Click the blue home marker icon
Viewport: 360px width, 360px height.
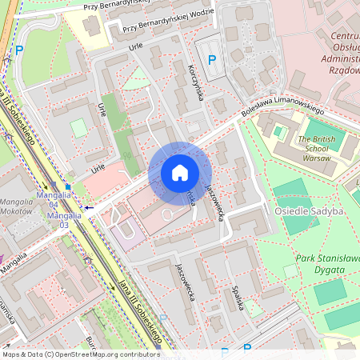(180, 173)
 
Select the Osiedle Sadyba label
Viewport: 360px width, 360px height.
(309, 210)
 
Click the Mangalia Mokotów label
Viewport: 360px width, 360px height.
(16, 208)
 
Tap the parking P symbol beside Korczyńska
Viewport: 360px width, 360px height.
(212, 60)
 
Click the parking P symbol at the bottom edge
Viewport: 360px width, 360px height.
(247, 349)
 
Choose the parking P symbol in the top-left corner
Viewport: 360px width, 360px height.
(20, 50)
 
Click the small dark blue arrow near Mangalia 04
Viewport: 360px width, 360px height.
(89, 207)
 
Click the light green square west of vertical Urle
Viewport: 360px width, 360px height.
(78, 128)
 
